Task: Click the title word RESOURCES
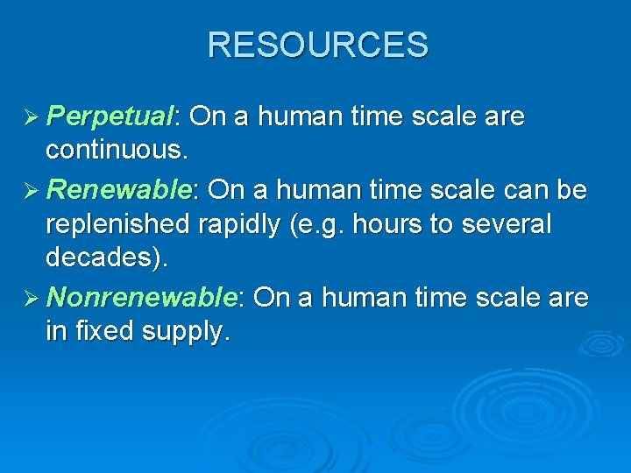(317, 45)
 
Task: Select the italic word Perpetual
(110, 116)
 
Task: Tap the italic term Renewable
(120, 190)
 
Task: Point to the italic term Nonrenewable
(142, 298)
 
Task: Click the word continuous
(117, 151)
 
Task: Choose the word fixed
(110, 331)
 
